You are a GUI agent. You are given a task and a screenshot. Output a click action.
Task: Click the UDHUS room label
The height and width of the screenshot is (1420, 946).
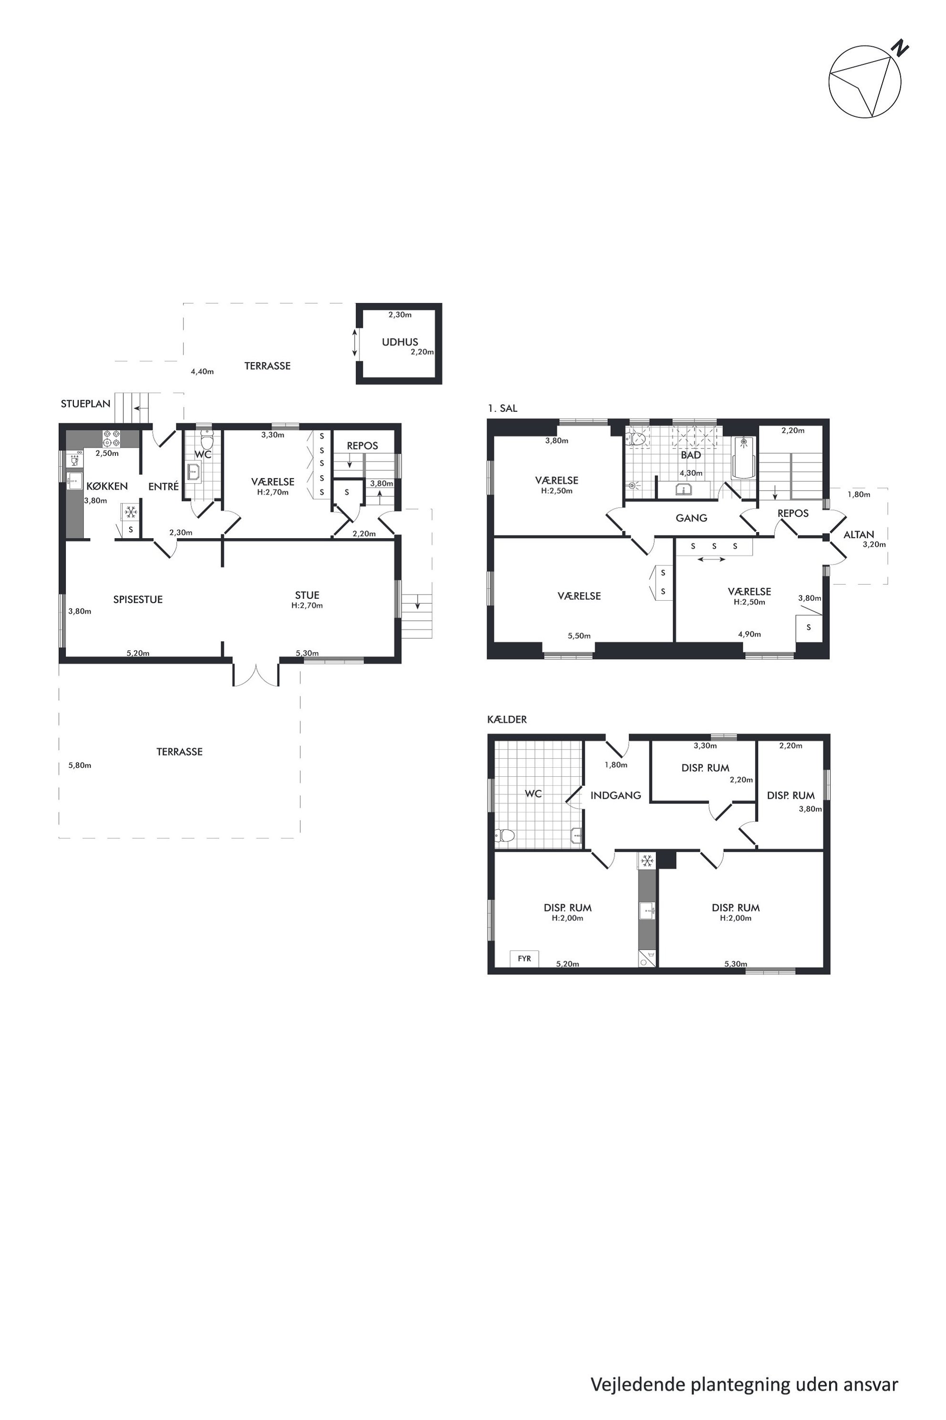click(x=400, y=342)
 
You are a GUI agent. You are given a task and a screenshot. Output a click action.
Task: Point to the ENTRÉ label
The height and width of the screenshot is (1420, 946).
click(x=164, y=486)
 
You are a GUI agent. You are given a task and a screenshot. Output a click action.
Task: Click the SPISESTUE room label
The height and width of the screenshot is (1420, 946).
click(x=138, y=599)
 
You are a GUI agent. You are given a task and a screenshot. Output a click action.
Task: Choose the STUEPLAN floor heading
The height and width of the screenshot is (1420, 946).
click(x=86, y=404)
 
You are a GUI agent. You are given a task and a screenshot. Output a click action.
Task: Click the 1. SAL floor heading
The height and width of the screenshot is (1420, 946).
click(x=503, y=408)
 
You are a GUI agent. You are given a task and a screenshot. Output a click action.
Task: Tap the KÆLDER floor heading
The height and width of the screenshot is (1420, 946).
click(x=507, y=719)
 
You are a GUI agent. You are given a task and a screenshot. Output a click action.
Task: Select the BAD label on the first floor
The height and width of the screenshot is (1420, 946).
click(x=691, y=455)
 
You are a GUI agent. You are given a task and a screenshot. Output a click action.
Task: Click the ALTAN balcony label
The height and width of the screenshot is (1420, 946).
click(x=859, y=534)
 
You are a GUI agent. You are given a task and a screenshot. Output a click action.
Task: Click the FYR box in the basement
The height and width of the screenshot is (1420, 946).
click(x=524, y=958)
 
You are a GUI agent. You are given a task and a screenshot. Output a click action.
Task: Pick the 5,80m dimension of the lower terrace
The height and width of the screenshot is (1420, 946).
click(x=80, y=765)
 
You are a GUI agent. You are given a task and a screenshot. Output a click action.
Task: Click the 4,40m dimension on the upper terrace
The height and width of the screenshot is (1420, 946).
click(x=202, y=371)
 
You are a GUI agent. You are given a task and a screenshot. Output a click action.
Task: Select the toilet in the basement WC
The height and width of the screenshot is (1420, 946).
click(x=504, y=835)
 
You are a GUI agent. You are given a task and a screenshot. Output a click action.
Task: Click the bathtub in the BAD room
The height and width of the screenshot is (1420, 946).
click(x=743, y=458)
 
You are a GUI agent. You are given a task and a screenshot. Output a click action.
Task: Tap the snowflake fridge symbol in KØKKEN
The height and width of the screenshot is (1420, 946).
click(x=130, y=512)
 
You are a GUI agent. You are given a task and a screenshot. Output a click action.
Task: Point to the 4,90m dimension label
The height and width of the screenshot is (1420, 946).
click(x=750, y=634)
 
